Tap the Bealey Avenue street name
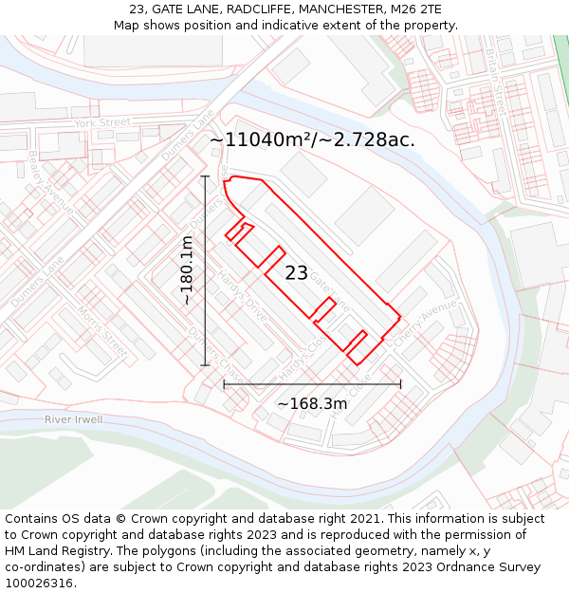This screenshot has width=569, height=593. coord(51,181)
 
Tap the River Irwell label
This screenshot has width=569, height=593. coord(73,419)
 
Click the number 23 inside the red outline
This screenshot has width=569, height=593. coord(296,273)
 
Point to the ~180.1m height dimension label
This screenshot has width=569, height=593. coord(187,270)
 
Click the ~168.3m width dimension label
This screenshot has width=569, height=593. coord(312,404)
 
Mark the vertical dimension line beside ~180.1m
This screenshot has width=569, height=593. coord(205,270)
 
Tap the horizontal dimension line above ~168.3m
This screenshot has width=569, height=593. coord(312,384)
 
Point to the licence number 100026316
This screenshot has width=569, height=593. coord(41,583)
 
